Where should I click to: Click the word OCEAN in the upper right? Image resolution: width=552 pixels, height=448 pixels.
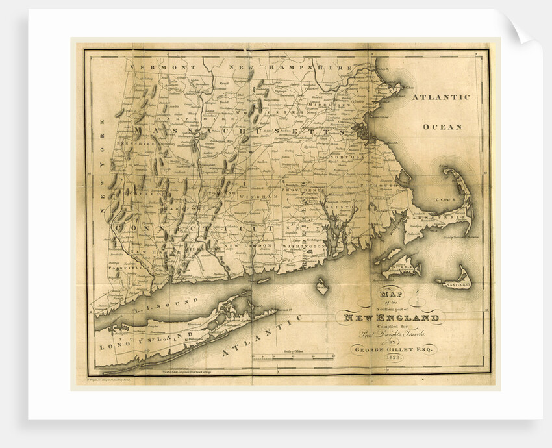(442, 127)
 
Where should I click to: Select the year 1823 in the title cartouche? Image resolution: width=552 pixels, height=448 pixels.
(392, 360)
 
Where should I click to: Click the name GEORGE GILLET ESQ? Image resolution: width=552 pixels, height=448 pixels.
(392, 349)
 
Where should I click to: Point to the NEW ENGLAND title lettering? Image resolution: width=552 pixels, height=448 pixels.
(391, 317)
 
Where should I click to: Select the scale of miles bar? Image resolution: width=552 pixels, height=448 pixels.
(293, 356)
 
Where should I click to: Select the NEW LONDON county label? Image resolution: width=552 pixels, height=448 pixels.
(246, 246)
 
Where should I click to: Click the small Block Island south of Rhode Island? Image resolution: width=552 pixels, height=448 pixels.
(321, 284)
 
